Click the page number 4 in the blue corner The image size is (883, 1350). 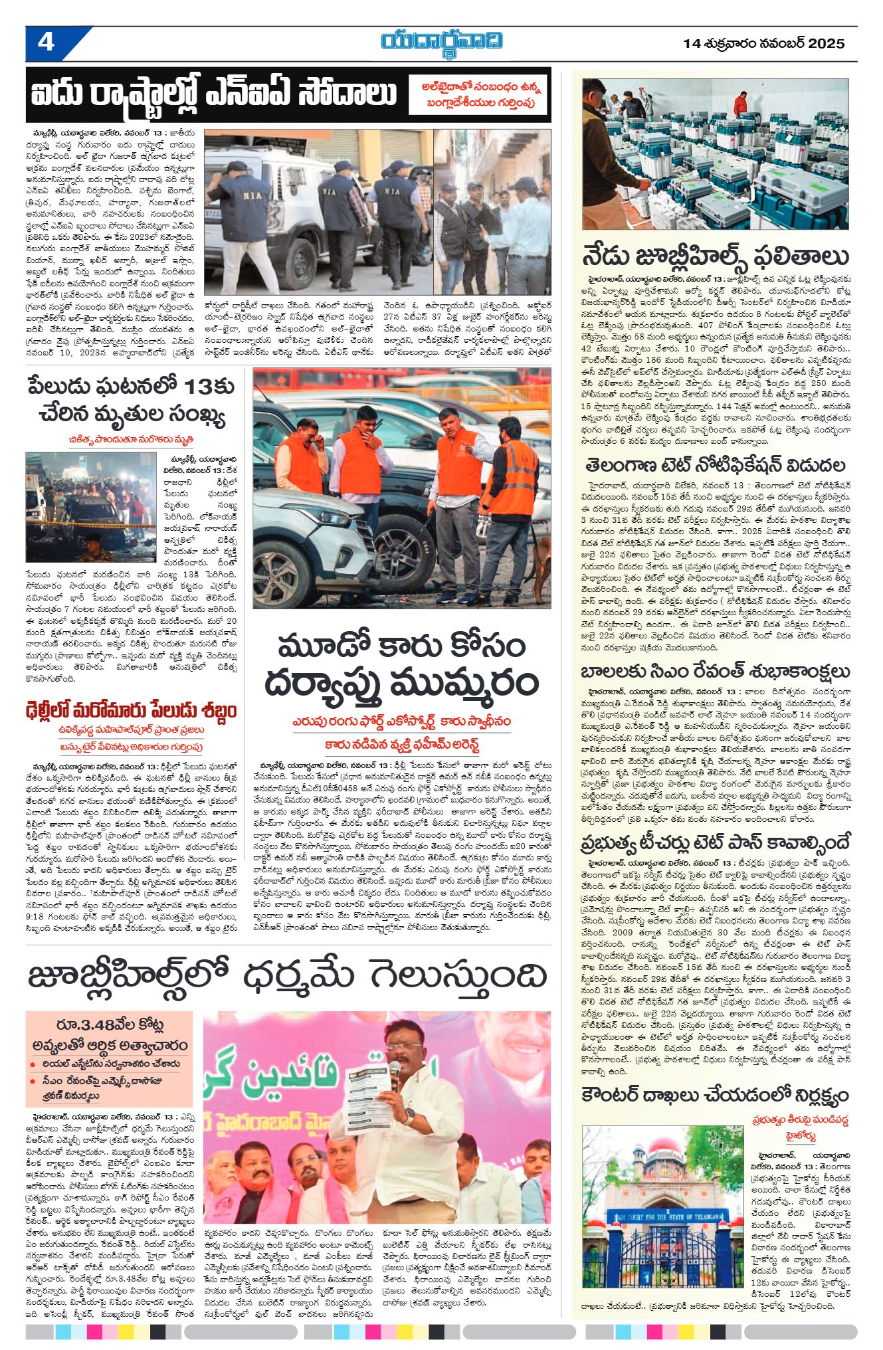coord(46,43)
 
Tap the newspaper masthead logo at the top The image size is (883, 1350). coord(442,42)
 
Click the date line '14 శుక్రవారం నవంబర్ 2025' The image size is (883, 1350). coord(763,44)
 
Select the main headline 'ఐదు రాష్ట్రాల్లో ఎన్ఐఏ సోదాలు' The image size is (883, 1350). coord(214,94)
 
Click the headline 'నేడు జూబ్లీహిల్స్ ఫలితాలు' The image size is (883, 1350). coord(716,255)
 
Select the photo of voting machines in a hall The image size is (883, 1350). coord(715,154)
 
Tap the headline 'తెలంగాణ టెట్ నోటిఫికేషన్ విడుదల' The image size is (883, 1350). coord(716,464)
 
